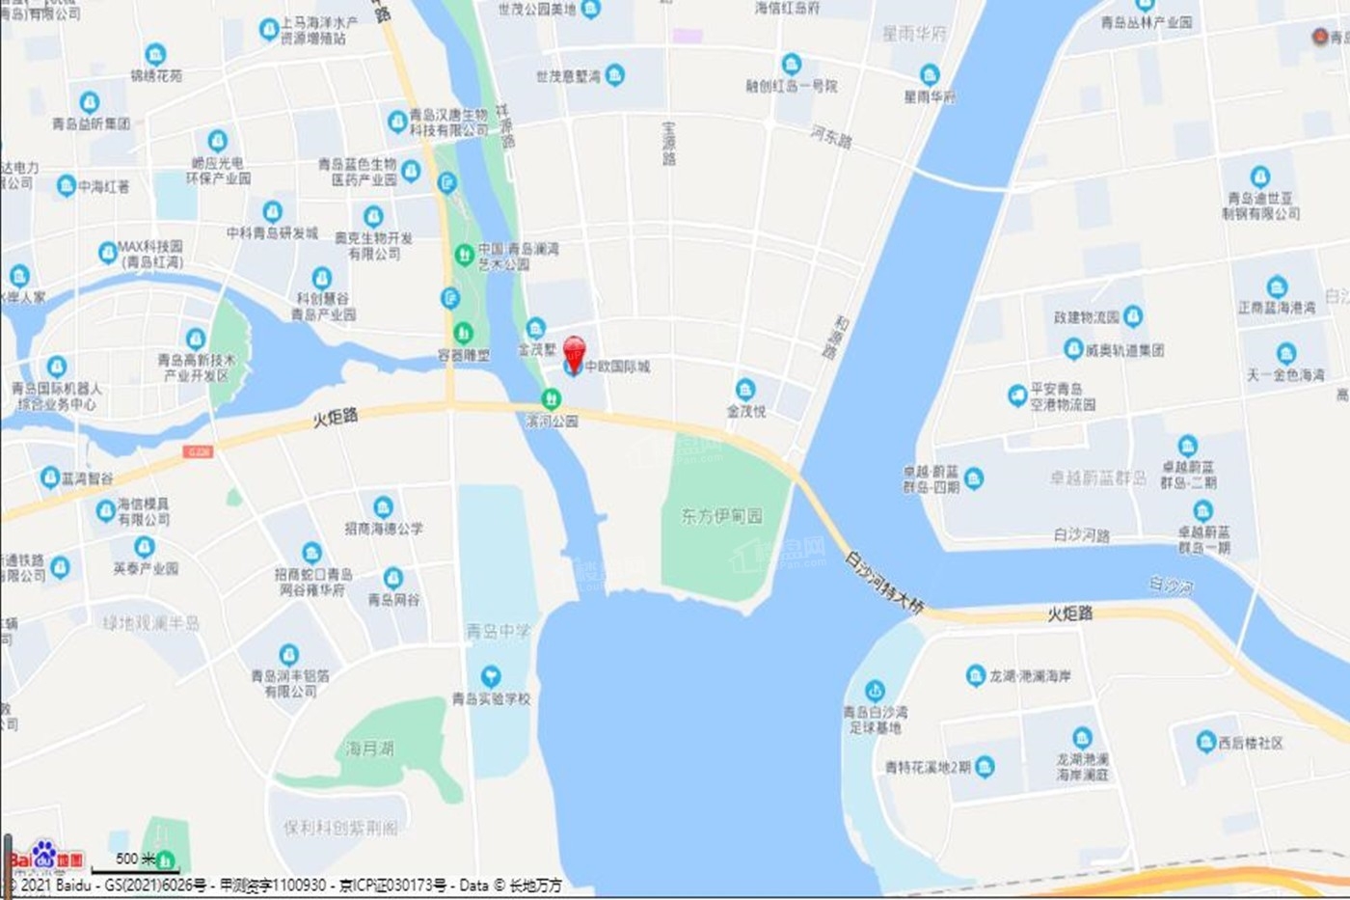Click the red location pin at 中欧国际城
click(574, 351)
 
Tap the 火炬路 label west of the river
click(336, 418)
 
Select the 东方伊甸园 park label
click(721, 516)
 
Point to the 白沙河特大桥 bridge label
click(884, 582)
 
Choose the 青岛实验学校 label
click(491, 698)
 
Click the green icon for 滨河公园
click(551, 398)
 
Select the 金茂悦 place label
click(745, 411)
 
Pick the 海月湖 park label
click(369, 749)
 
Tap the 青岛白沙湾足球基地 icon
click(875, 691)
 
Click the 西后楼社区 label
click(1251, 743)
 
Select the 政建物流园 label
click(1086, 316)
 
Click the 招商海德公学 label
click(383, 529)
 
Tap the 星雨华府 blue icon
click(930, 75)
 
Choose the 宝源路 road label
click(669, 143)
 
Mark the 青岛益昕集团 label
click(91, 123)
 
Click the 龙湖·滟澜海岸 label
click(1030, 676)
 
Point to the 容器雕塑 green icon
click(463, 333)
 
